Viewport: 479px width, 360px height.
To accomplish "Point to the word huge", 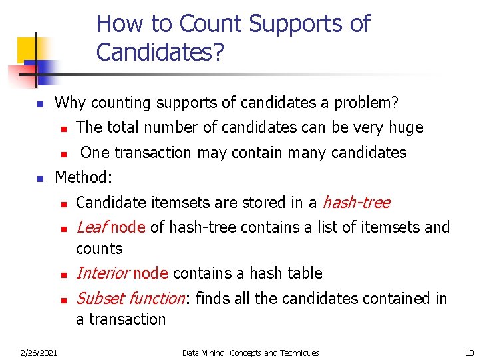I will point(405,127).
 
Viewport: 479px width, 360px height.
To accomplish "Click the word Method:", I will point(84,177).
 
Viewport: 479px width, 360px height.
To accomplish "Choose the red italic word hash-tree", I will point(356,203).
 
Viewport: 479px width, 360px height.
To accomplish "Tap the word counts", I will point(99,249).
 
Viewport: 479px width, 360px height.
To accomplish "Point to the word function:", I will point(157,299).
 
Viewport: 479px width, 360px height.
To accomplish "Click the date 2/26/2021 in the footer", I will point(38,353).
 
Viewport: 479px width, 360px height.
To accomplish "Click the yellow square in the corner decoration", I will point(29,49).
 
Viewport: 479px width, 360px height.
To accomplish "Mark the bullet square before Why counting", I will point(39,105).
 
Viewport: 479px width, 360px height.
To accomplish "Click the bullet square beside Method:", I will point(39,179).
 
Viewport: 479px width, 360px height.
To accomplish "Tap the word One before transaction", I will point(94,153).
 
